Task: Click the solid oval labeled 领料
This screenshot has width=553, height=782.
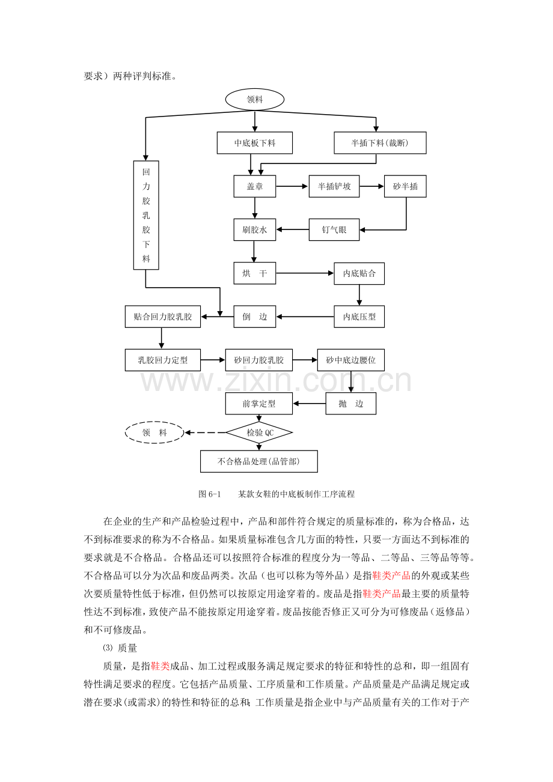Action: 255,100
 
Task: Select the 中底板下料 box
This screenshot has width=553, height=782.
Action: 255,143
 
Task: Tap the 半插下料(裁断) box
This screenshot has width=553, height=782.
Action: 380,143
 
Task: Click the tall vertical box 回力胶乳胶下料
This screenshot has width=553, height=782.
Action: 146,215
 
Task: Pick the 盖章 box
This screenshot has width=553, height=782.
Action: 255,186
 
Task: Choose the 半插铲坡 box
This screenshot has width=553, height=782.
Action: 334,186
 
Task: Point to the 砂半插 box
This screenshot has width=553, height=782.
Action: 406,186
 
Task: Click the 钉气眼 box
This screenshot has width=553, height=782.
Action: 334,229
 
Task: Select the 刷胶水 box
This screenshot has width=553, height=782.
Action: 255,229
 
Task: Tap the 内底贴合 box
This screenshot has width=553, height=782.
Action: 359,273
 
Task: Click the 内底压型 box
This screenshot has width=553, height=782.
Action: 359,317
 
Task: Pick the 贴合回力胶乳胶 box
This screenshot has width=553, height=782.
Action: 163,317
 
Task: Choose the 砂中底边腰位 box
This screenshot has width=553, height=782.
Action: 351,360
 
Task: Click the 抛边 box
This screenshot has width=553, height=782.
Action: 351,404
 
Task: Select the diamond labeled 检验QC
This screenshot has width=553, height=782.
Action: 259,432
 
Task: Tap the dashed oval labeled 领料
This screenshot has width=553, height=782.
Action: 154,432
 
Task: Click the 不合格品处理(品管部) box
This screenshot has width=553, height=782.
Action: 259,461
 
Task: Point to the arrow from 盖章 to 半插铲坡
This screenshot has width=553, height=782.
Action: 292,186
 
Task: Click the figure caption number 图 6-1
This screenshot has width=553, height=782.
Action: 210,494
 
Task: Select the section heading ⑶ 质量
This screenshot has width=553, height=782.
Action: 120,648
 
